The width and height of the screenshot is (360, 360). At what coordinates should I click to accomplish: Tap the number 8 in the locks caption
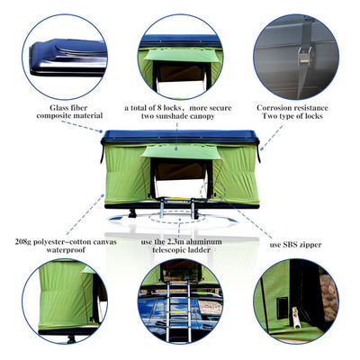(x=158, y=108)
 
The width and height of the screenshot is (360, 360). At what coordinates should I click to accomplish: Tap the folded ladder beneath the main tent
(x=179, y=207)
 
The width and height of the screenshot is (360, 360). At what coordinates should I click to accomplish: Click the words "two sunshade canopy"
(x=177, y=118)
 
